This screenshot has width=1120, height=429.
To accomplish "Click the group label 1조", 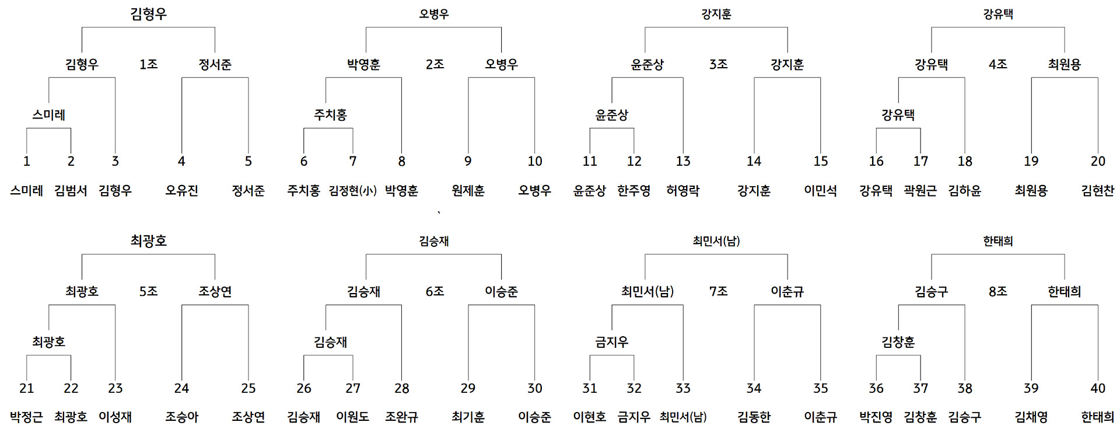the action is click(148, 64).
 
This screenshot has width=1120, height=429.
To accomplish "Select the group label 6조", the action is click(435, 291).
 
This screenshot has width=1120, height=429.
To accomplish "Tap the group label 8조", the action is click(998, 291).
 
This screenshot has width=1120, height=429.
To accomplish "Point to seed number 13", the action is click(683, 161).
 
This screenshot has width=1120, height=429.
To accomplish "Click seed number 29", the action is click(468, 388).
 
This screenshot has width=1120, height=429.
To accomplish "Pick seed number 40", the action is click(1098, 388).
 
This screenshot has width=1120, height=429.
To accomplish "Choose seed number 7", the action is click(353, 161).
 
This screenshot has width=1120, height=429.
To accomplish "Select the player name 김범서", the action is click(71, 190).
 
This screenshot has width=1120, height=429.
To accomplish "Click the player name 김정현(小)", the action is click(353, 190).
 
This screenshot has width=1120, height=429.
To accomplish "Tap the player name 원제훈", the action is click(468, 190).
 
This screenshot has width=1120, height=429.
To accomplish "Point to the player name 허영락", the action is click(683, 190).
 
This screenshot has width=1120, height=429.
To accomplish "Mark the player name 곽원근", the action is click(921, 190).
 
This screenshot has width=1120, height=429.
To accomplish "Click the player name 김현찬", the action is click(1098, 190).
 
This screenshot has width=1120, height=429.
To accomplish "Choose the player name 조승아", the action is click(181, 417).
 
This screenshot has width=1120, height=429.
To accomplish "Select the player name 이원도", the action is click(353, 417).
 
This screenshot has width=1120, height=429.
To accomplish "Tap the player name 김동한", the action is click(754, 417).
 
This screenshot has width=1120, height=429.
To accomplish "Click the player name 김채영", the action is click(1031, 417).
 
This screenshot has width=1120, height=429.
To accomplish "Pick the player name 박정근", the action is click(26, 417).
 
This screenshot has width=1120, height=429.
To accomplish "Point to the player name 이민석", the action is click(821, 190).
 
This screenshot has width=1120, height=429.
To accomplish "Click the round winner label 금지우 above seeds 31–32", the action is click(612, 342).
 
